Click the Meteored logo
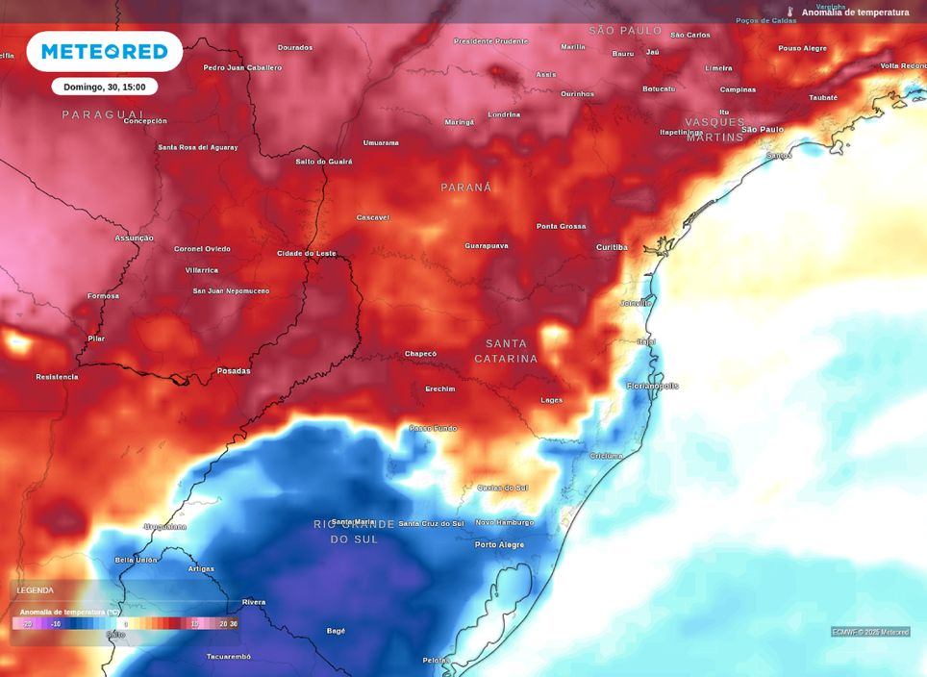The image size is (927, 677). (104, 52)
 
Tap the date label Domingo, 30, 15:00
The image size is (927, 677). (104, 87)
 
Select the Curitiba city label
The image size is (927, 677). (612, 247)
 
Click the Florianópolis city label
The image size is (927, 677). (652, 386)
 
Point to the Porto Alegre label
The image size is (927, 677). (500, 544)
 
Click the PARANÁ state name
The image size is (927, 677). (466, 188)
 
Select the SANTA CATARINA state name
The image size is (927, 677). (506, 351)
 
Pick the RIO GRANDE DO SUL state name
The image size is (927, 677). (354, 532)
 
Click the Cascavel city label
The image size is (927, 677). (373, 217)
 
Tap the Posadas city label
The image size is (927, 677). (234, 370)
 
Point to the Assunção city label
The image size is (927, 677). (134, 238)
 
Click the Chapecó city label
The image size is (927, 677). (420, 353)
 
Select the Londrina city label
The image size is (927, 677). (504, 114)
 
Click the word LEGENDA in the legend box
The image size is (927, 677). (36, 590)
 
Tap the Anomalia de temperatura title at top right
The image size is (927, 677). (855, 13)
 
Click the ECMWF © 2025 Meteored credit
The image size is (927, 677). (870, 632)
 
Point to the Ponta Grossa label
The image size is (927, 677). (561, 226)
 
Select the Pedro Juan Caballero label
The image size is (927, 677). (242, 67)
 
